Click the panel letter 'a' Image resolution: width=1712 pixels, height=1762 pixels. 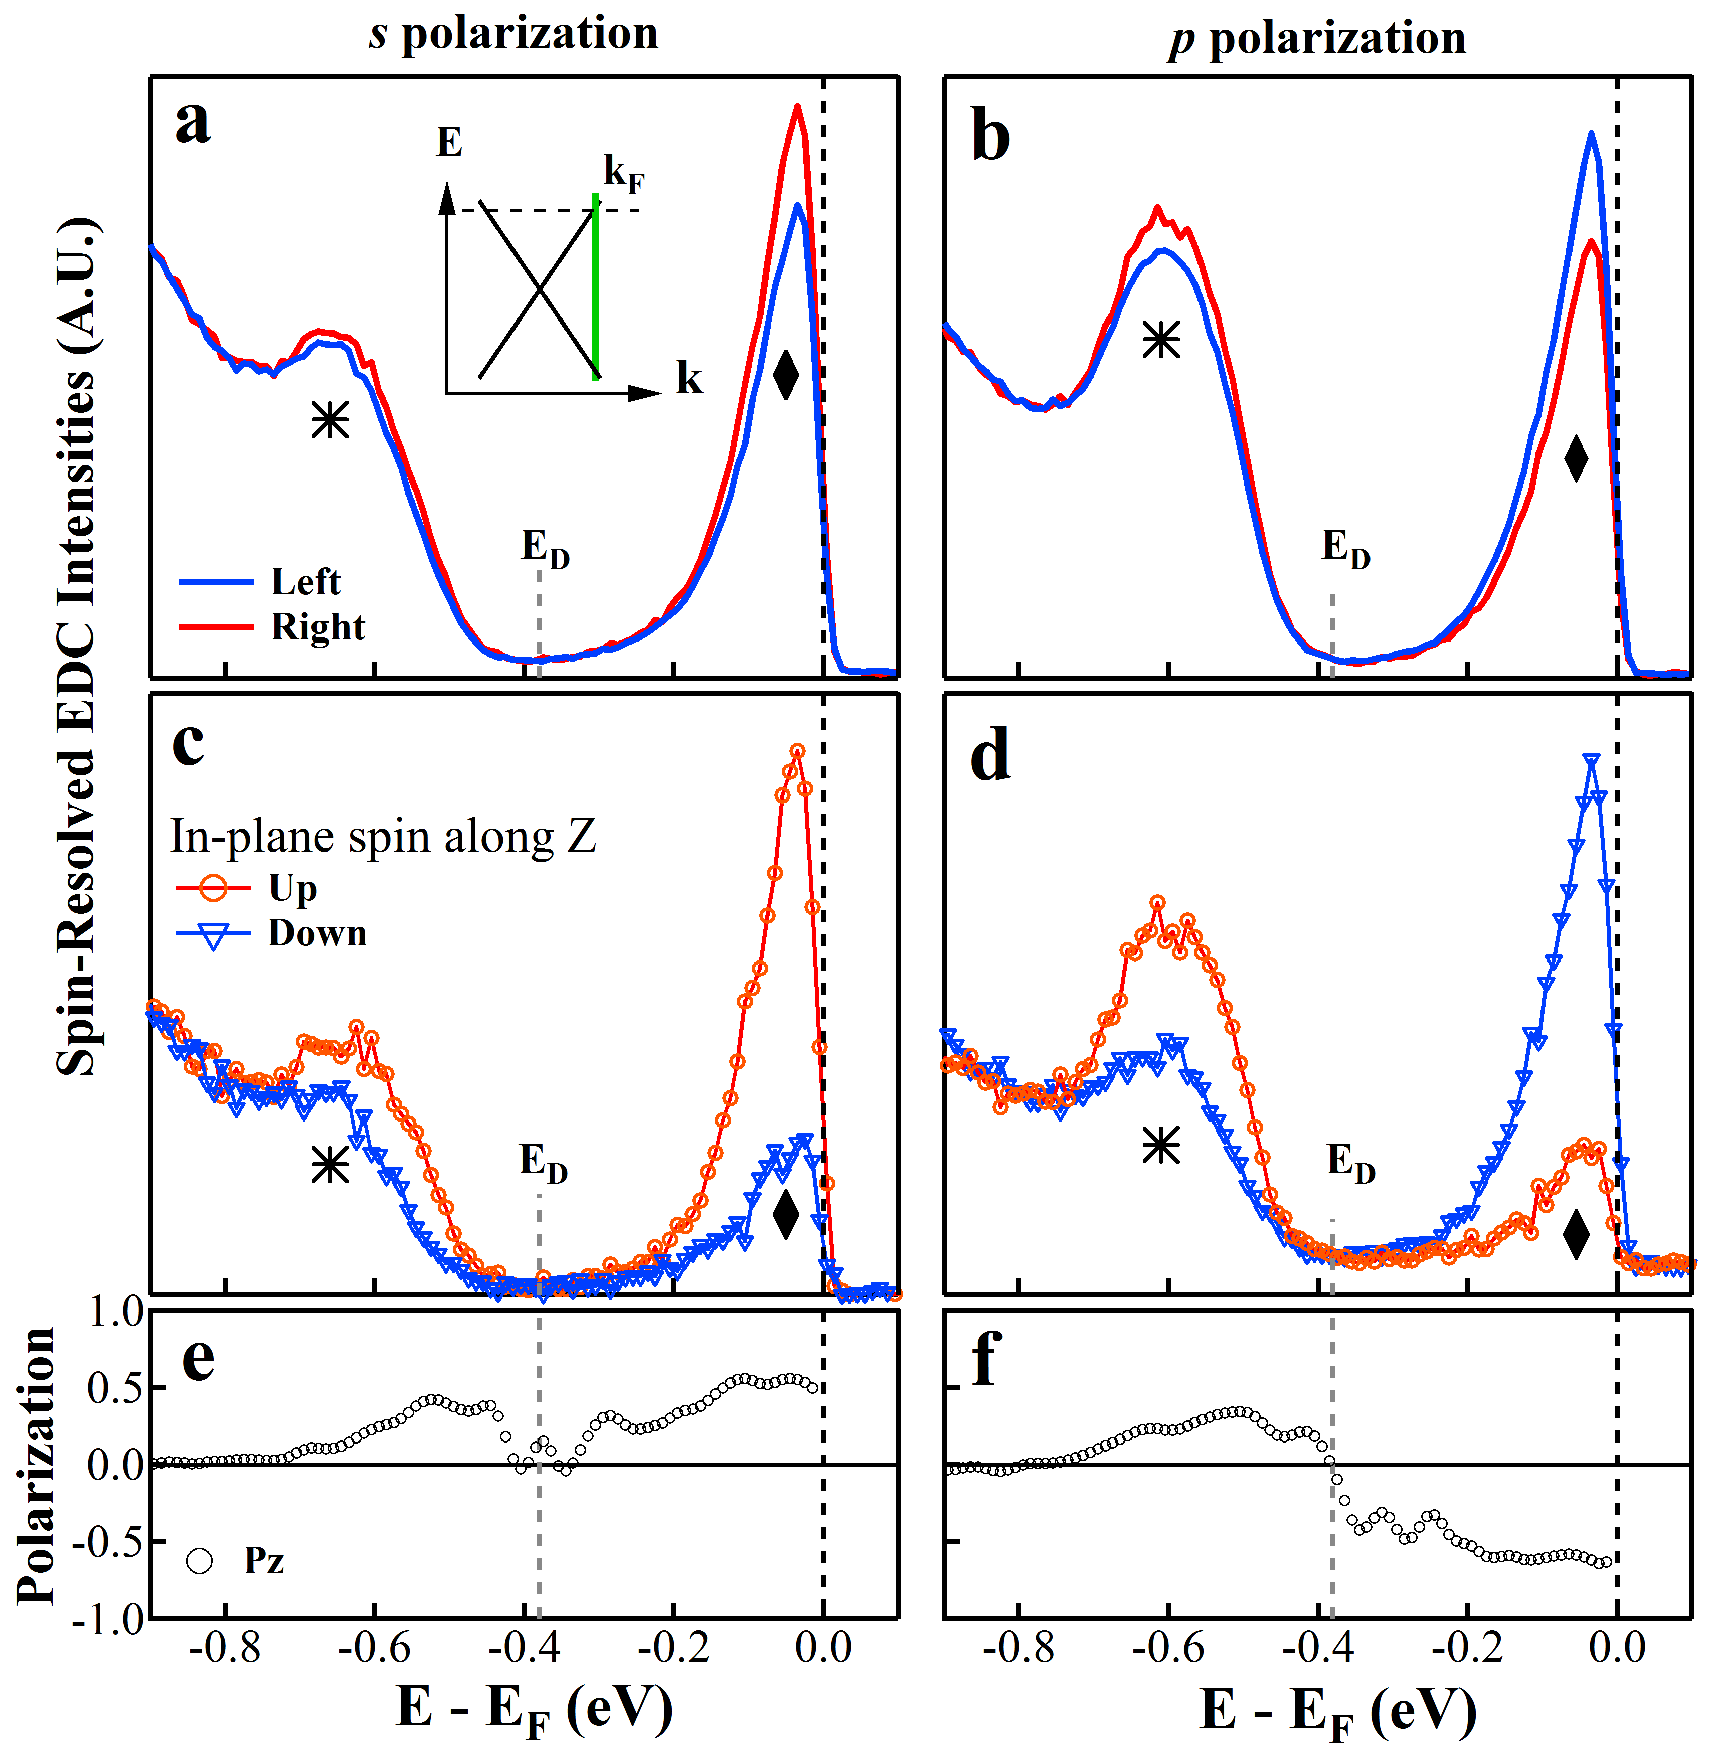click(x=193, y=123)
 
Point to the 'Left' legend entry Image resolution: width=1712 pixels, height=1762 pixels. click(x=306, y=582)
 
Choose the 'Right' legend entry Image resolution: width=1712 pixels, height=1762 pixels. click(x=317, y=627)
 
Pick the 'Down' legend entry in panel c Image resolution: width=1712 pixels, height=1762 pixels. click(x=316, y=933)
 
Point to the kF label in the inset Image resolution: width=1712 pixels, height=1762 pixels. click(x=623, y=173)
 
